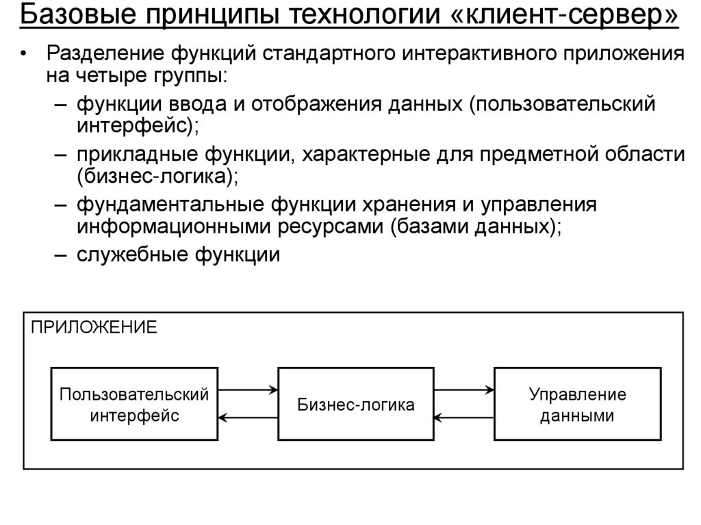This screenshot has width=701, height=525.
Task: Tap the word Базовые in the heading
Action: point(66,16)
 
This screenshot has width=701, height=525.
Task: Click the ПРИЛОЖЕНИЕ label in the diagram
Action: point(93,326)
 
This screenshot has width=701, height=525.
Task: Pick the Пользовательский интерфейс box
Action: point(134,405)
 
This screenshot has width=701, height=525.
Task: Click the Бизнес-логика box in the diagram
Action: point(355,405)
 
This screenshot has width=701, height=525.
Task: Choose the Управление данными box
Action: point(577,405)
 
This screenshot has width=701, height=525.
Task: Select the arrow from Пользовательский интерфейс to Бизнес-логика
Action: point(248,390)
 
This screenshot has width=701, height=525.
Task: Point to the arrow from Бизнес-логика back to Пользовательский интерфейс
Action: point(248,418)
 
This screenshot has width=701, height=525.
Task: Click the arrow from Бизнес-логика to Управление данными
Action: point(464,390)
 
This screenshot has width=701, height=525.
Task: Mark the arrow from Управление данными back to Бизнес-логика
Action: point(464,418)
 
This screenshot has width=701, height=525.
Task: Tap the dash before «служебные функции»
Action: point(60,255)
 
